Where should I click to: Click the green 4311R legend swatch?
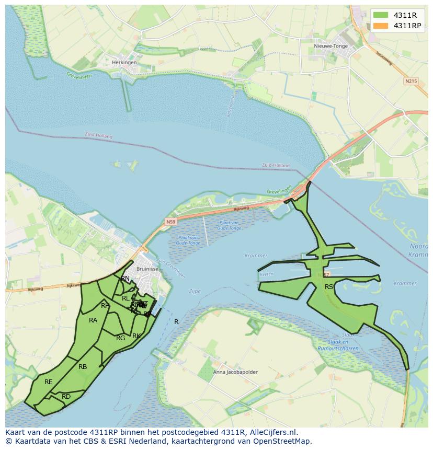(381, 15)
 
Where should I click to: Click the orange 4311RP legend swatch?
(381, 26)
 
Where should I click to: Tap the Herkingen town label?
(124, 62)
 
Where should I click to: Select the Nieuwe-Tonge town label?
(331, 46)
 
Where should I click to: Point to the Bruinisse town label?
(146, 269)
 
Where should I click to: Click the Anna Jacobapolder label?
(235, 372)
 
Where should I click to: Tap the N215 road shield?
(411, 81)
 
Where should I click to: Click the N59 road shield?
(170, 222)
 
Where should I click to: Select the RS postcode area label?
(329, 287)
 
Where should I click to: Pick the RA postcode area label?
(93, 320)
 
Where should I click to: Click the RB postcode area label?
(83, 367)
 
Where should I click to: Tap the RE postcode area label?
(49, 382)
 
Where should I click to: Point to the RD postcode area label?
(66, 397)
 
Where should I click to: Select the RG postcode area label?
(120, 338)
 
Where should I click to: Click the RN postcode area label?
(126, 279)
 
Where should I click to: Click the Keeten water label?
(267, 273)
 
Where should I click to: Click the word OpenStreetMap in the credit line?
(286, 441)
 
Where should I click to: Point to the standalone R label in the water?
(176, 322)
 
